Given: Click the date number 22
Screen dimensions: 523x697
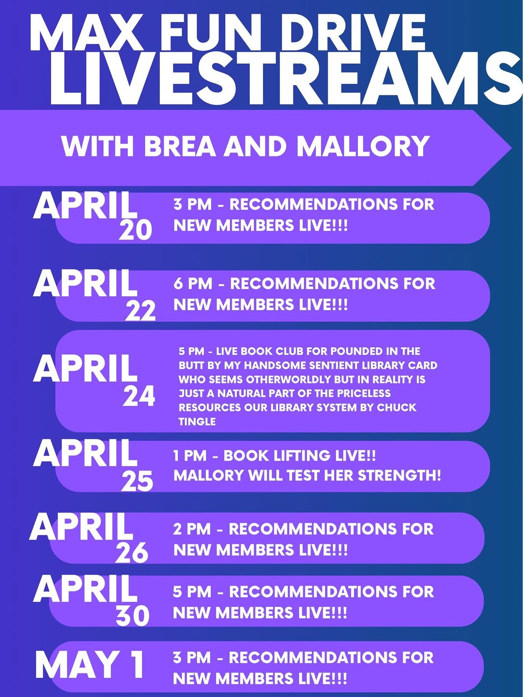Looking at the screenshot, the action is (140, 311).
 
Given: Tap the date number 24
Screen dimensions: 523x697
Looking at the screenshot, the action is (139, 396).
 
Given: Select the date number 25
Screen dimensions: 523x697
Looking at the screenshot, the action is (137, 481).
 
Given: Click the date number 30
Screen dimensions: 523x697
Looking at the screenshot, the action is (132, 616).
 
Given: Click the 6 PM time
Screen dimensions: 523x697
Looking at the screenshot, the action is (193, 284).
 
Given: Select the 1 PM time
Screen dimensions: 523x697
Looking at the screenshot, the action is (190, 456).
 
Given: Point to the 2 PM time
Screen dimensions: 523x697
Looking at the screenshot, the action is (192, 529).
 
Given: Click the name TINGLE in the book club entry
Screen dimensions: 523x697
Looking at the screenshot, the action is (197, 422).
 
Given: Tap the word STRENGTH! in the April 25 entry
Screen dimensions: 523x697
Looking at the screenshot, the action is (400, 476).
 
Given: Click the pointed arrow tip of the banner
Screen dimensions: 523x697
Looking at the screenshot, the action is (511, 148).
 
